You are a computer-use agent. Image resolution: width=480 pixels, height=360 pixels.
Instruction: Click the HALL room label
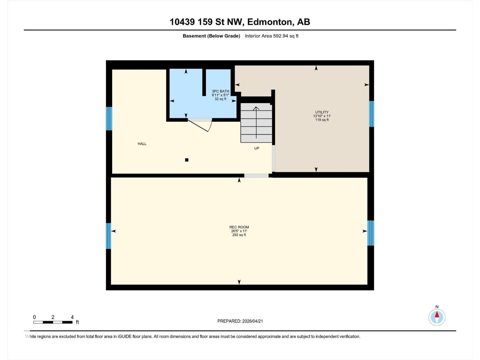[142, 144]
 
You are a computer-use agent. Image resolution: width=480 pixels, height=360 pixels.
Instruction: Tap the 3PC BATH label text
[220, 91]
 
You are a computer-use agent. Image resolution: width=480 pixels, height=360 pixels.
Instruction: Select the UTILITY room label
[322, 112]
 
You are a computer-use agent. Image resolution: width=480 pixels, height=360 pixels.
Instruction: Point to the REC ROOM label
[239, 227]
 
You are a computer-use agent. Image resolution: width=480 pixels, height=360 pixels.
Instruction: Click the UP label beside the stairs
[256, 148]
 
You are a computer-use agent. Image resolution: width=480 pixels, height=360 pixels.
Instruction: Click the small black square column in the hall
[187, 160]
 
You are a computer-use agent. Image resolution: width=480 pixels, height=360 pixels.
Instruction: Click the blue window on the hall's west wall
[109, 118]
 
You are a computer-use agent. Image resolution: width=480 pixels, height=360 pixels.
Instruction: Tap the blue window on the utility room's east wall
[371, 114]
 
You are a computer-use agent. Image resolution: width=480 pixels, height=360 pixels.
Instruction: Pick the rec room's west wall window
[109, 236]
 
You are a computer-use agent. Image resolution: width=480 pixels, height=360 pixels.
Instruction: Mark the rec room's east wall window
[371, 233]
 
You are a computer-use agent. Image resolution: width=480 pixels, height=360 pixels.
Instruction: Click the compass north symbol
[437, 317]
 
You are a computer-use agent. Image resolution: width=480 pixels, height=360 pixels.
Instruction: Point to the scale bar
[53, 322]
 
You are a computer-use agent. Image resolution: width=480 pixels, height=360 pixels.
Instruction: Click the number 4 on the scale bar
[72, 317]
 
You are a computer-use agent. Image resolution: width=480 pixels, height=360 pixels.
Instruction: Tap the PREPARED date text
[240, 321]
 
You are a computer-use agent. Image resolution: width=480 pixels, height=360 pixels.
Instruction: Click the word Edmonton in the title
[270, 22]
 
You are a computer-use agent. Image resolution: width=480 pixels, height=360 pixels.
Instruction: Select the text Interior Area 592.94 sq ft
[271, 36]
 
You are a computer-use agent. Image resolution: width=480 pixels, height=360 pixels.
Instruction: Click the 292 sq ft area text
[239, 235]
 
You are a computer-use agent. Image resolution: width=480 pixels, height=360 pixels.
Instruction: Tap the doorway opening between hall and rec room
[256, 175]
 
